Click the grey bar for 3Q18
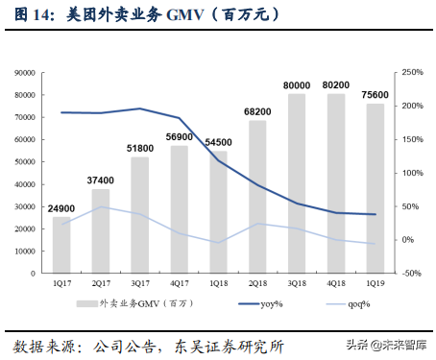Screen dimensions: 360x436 pos(297,182)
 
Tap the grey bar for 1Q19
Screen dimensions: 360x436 pos(375,187)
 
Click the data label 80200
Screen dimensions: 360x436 pos(336,84)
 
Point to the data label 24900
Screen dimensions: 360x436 pos(61,208)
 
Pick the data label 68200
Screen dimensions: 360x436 pos(257,111)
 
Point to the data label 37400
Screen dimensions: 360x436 pos(101,180)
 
